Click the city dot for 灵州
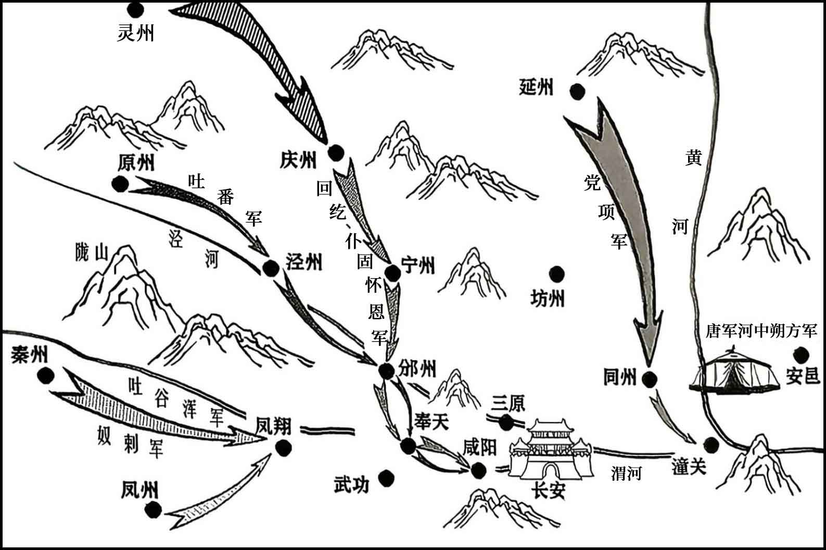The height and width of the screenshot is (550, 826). (135, 9)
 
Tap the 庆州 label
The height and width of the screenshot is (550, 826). (298, 160)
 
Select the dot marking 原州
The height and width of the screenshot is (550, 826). (120, 183)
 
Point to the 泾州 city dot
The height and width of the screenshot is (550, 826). (271, 268)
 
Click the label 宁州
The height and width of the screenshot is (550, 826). (418, 265)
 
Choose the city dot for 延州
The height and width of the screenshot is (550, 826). (577, 92)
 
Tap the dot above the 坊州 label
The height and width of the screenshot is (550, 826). (557, 274)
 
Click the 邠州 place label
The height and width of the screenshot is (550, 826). (417, 369)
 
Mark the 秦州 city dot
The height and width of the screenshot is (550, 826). (46, 376)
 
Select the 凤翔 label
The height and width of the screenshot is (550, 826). (274, 427)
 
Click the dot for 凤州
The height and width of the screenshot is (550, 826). (153, 510)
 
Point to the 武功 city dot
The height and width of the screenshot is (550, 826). (386, 479)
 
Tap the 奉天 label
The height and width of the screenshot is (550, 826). (431, 421)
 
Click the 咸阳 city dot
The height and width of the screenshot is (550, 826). (478, 470)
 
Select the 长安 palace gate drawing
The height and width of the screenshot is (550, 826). (551, 449)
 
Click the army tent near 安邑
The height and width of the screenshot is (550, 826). (734, 370)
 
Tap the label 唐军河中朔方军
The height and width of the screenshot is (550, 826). (761, 331)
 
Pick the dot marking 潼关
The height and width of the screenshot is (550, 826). (711, 445)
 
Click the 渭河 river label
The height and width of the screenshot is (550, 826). (626, 473)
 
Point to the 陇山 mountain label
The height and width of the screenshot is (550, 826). (92, 252)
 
